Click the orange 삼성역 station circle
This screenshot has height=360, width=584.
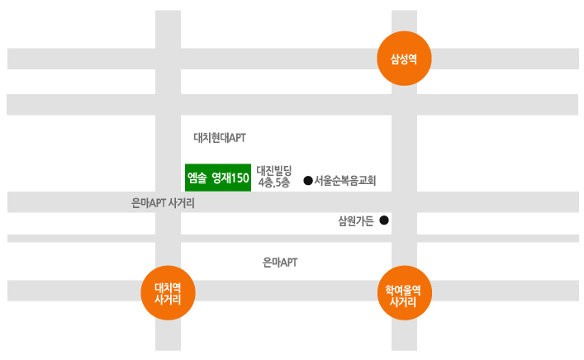[x=404, y=59]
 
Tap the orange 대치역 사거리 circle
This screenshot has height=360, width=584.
[x=168, y=292]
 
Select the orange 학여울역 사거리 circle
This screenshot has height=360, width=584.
[x=405, y=292]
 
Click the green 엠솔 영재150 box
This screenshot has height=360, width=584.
[x=218, y=178]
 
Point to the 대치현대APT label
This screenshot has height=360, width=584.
[x=220, y=138]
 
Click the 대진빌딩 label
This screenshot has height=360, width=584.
[x=274, y=171]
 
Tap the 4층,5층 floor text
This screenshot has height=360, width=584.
[x=274, y=182]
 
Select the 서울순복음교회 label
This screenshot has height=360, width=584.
[x=345, y=181]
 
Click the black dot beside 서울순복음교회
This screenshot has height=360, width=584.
[x=308, y=181]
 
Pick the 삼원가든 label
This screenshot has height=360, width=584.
[x=356, y=221]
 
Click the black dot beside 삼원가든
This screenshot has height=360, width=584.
[x=384, y=220]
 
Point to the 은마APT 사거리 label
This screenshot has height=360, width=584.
[x=163, y=203]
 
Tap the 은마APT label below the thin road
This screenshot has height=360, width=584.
[x=280, y=263]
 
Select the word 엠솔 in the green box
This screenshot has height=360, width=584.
[x=197, y=178]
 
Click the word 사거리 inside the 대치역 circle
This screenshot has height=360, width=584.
[x=168, y=299]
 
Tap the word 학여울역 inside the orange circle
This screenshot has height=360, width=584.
[x=403, y=290]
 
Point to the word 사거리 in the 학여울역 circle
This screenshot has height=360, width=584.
[x=403, y=301]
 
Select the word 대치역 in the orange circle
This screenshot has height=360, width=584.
[x=168, y=287]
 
